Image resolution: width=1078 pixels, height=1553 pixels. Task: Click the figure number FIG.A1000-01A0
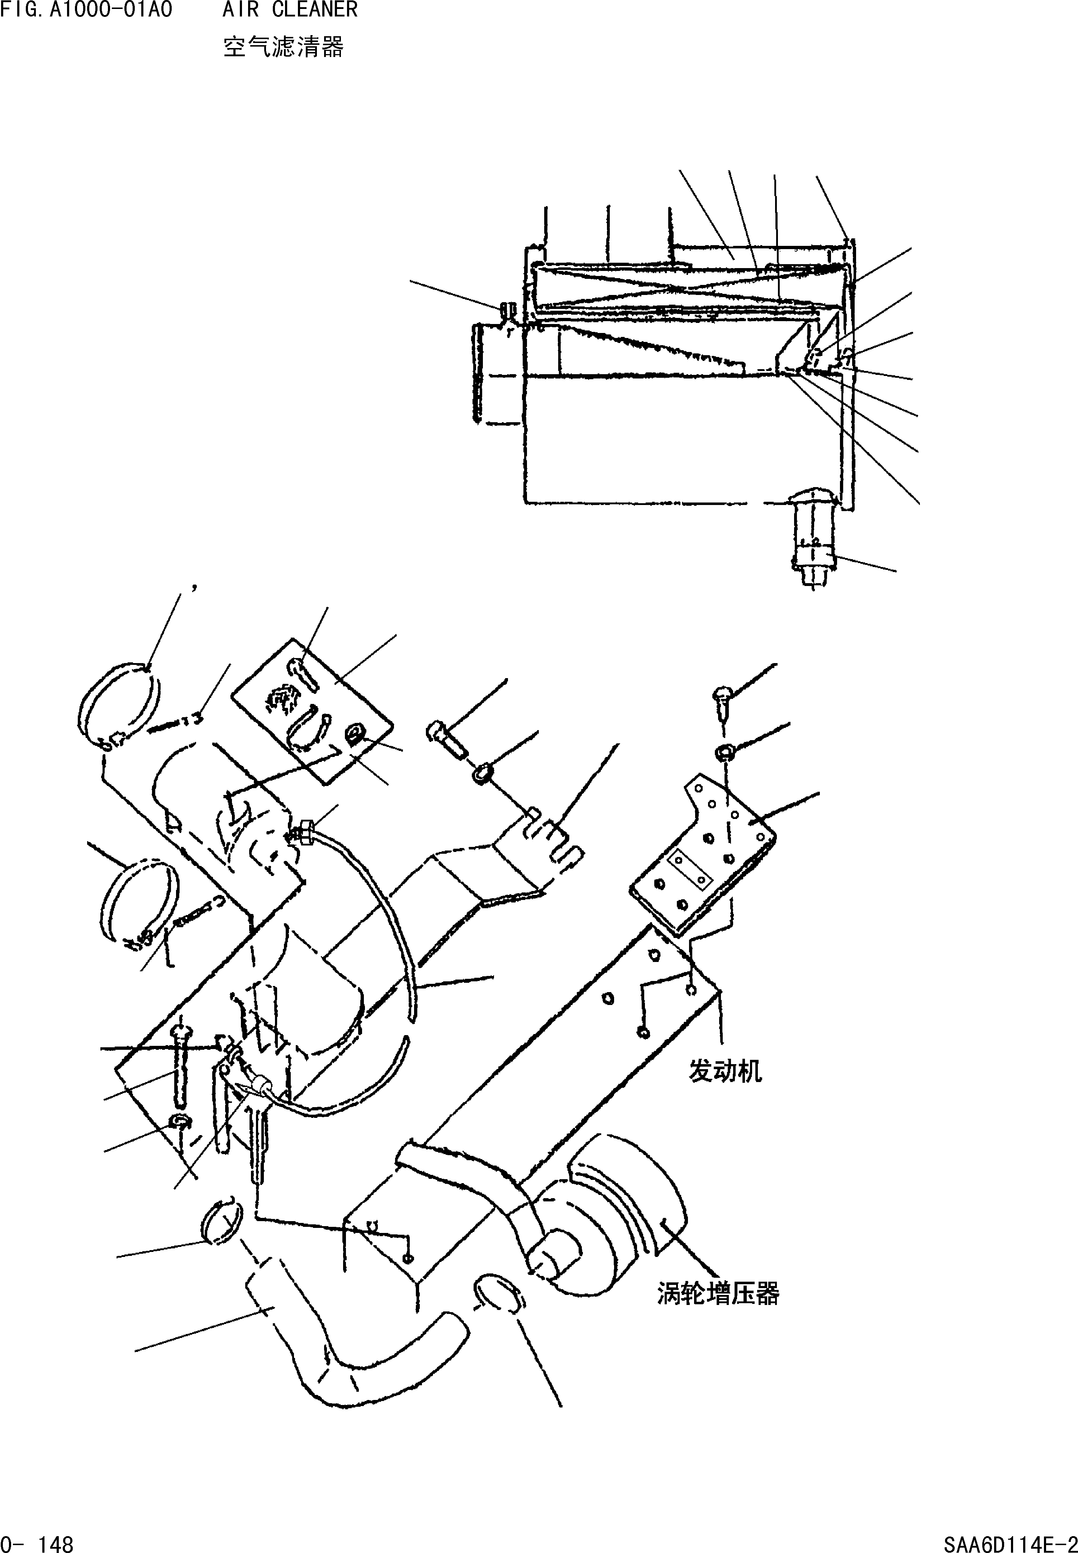pos(86,10)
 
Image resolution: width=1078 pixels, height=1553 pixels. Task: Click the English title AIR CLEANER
pos(290,10)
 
